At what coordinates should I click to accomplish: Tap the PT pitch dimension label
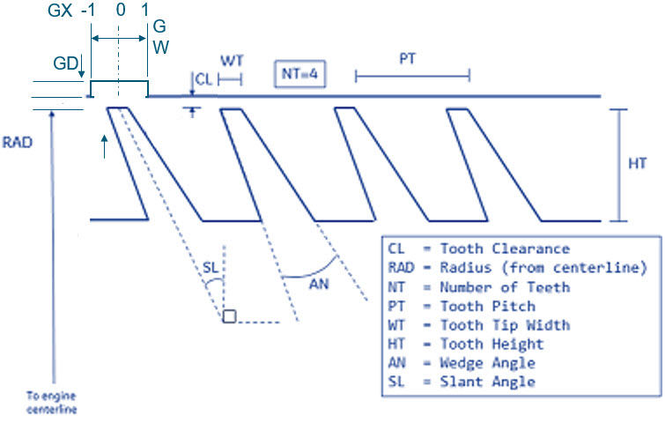408,60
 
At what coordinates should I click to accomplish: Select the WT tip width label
232,62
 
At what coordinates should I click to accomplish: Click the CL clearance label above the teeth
203,79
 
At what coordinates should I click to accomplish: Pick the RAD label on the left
18,141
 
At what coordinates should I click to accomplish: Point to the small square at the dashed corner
229,316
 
